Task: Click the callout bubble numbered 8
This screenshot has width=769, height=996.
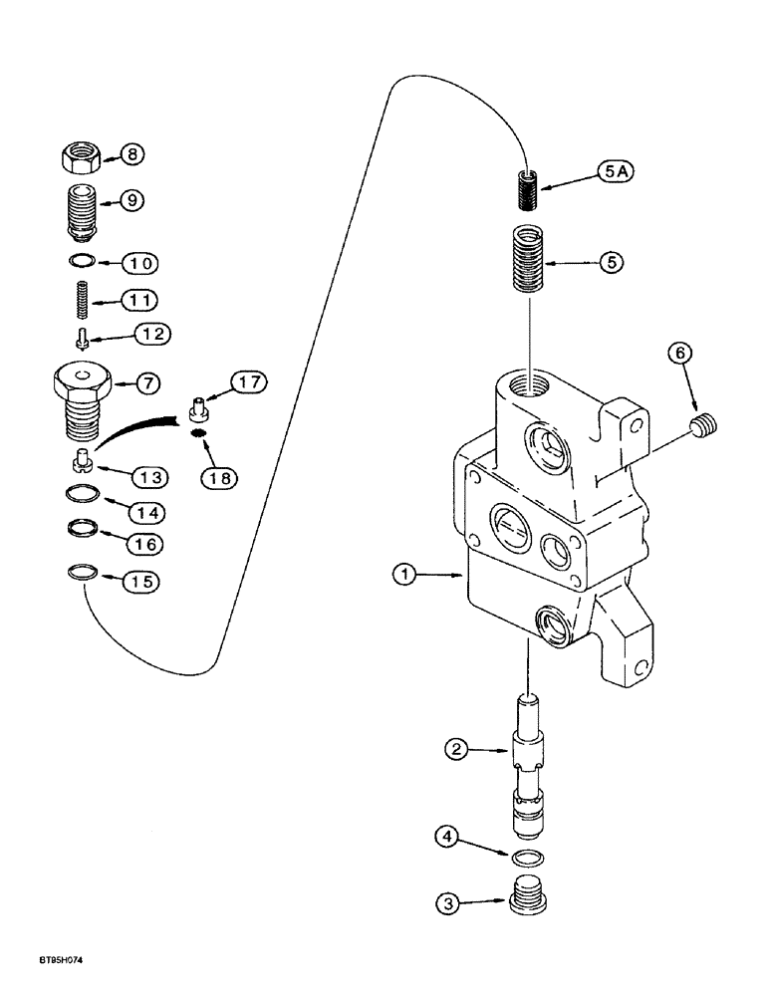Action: coord(131,153)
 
